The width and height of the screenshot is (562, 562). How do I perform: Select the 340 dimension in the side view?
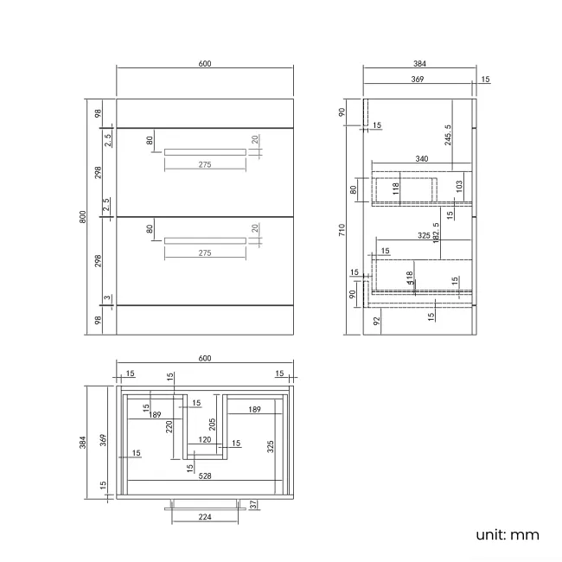pyautogui.click(x=421, y=159)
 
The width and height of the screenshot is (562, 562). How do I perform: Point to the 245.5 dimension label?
pyautogui.click(x=448, y=135)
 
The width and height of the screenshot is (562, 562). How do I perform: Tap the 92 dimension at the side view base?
pyautogui.click(x=376, y=321)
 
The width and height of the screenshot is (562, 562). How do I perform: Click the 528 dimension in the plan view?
pyautogui.click(x=205, y=475)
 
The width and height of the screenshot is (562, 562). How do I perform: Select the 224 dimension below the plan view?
pyautogui.click(x=205, y=517)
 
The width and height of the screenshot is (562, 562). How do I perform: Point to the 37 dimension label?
pyautogui.click(x=252, y=504)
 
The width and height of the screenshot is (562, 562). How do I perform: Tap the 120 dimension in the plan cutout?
pyautogui.click(x=205, y=440)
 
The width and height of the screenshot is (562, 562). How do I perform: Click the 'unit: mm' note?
pyautogui.click(x=507, y=534)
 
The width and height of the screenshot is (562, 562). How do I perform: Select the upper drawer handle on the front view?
pyautogui.click(x=205, y=151)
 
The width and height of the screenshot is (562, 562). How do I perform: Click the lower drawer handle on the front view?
pyautogui.click(x=205, y=240)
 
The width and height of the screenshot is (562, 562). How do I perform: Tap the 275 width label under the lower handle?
pyautogui.click(x=205, y=253)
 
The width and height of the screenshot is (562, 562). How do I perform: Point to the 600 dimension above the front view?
pyautogui.click(x=205, y=63)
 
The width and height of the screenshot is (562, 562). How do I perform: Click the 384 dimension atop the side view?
pyautogui.click(x=419, y=63)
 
